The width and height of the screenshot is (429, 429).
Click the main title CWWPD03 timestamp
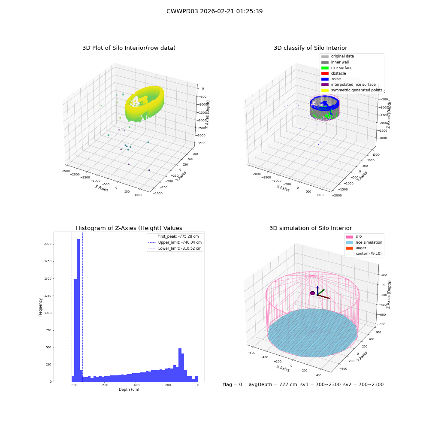(x=214, y=11)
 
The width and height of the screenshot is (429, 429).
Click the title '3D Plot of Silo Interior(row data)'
(x=129, y=48)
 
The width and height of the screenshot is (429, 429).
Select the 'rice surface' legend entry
(x=337, y=68)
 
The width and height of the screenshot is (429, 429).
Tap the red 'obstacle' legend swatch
(x=325, y=74)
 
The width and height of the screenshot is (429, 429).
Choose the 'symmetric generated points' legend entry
(x=352, y=90)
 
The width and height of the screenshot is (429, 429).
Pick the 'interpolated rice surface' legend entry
(x=348, y=85)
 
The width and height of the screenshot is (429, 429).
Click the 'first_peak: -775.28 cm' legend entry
(x=173, y=236)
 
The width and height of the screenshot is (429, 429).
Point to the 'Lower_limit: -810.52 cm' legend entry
(x=175, y=248)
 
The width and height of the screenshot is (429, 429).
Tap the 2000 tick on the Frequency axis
(x=48, y=244)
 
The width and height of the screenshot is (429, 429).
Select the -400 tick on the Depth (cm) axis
(x=135, y=385)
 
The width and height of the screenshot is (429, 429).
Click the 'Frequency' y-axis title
(x=40, y=307)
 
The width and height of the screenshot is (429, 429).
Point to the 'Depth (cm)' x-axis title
(x=129, y=390)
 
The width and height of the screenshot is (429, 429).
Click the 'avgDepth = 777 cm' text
(x=273, y=385)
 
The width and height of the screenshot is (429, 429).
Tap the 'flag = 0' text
(x=233, y=385)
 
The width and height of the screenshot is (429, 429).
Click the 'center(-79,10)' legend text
(x=369, y=254)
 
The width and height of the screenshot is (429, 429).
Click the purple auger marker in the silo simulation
(x=312, y=293)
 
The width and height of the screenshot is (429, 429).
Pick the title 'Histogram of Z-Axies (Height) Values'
(x=129, y=228)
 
